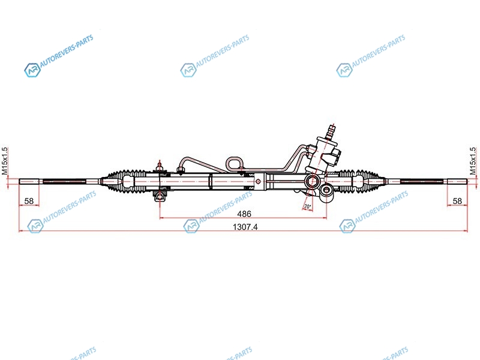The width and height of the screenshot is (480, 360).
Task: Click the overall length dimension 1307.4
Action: [x=245, y=227]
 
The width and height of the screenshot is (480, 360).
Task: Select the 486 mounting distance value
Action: [x=244, y=214]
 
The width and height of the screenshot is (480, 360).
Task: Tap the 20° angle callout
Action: [x=307, y=206]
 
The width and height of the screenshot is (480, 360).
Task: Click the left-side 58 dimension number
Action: [x=29, y=201]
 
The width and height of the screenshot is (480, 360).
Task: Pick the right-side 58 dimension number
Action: [x=457, y=201]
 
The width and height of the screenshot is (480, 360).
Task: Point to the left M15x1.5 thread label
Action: [x=5, y=161]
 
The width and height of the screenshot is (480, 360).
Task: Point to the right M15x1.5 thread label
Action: [x=473, y=161]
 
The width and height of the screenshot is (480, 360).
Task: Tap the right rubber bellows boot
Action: [x=359, y=182]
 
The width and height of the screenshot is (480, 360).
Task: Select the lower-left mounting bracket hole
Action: [x=160, y=196]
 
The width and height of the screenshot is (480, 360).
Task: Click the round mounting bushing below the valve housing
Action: [x=326, y=192]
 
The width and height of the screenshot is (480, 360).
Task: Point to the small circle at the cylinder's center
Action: [x=258, y=182]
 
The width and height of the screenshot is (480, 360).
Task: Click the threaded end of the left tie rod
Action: [x=29, y=181]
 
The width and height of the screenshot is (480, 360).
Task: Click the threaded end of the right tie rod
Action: [x=457, y=182]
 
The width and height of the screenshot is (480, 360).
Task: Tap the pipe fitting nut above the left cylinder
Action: [x=181, y=170]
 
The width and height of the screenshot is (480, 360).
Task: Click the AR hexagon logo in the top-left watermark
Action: [x=32, y=70]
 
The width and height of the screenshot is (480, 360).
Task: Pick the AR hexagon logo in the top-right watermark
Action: [x=344, y=70]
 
